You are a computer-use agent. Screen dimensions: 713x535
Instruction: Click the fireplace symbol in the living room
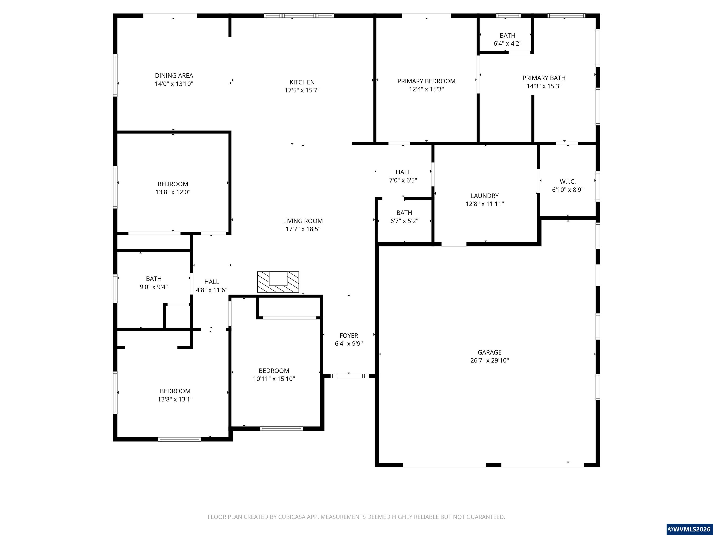[278, 282]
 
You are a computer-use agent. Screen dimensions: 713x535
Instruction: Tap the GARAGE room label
[490, 352]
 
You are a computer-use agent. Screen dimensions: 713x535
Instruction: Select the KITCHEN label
[302, 82]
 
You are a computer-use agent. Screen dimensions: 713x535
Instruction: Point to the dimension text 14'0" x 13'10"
[174, 84]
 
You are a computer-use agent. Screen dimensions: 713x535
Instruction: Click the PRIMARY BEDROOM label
[426, 81]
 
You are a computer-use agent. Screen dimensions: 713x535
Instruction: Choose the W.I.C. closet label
[568, 182]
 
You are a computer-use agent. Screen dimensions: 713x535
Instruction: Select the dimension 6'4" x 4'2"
[508, 43]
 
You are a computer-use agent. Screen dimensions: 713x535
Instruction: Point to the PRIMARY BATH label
[544, 78]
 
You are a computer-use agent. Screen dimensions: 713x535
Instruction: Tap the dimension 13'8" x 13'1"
[175, 399]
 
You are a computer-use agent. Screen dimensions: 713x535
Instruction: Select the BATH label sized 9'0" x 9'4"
[154, 279]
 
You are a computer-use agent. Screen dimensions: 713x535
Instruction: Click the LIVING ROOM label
[303, 221]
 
